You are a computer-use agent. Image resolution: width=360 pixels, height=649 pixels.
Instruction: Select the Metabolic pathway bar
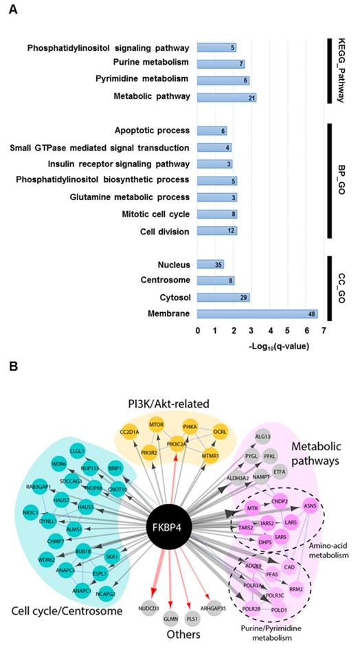pos(227,97)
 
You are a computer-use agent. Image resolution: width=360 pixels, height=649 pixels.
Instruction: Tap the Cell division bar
pos(217,231)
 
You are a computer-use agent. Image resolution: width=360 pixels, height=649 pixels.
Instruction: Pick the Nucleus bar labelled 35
pos(210,264)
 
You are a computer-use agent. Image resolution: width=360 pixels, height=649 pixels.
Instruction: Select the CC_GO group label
pos(342,289)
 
